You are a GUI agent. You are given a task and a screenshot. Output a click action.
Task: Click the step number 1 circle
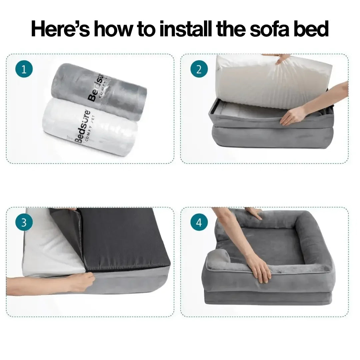coord(24,70)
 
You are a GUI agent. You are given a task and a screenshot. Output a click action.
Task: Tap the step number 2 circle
coord(199,70)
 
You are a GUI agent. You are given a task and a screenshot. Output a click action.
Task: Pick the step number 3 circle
coord(24,223)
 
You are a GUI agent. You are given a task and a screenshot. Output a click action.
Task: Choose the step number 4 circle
coord(199,223)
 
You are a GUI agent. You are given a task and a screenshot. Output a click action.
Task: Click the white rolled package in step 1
coord(90,128)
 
